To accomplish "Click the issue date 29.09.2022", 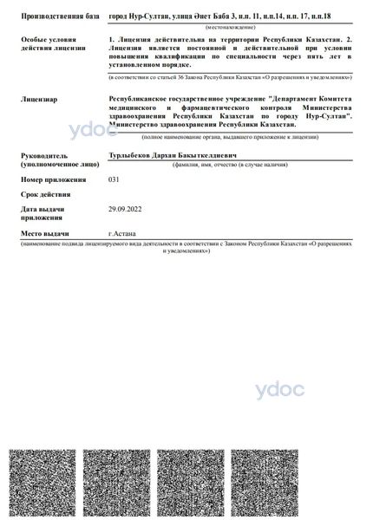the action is (123, 209).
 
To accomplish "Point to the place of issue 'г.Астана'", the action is (121, 234).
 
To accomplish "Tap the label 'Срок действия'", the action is (45, 194).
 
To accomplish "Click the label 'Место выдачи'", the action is (45, 234).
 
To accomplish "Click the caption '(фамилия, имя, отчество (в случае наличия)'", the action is (230, 164).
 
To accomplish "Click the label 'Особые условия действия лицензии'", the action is (52, 43).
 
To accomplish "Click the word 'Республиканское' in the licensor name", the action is (144, 100).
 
